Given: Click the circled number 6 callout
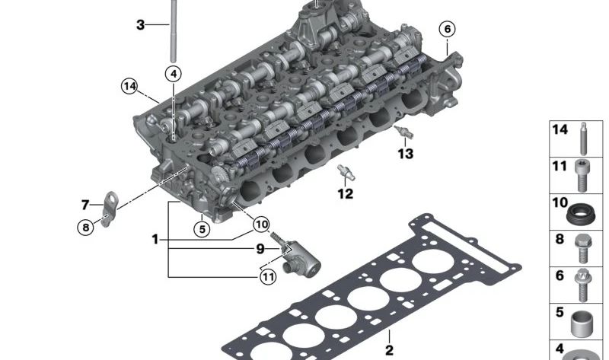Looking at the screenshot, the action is coord(447,29).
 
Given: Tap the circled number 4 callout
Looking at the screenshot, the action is coord(174,74).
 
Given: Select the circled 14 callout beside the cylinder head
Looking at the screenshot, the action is coord(129,86).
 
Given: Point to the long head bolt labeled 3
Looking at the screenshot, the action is coord(174,31).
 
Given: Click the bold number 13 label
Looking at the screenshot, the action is coord(405,154).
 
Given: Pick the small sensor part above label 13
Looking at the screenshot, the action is coord(403,132).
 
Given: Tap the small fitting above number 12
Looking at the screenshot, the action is coord(346,173).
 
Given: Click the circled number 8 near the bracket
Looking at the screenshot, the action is coord(86,227).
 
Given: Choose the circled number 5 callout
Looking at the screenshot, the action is coord(202,229).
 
